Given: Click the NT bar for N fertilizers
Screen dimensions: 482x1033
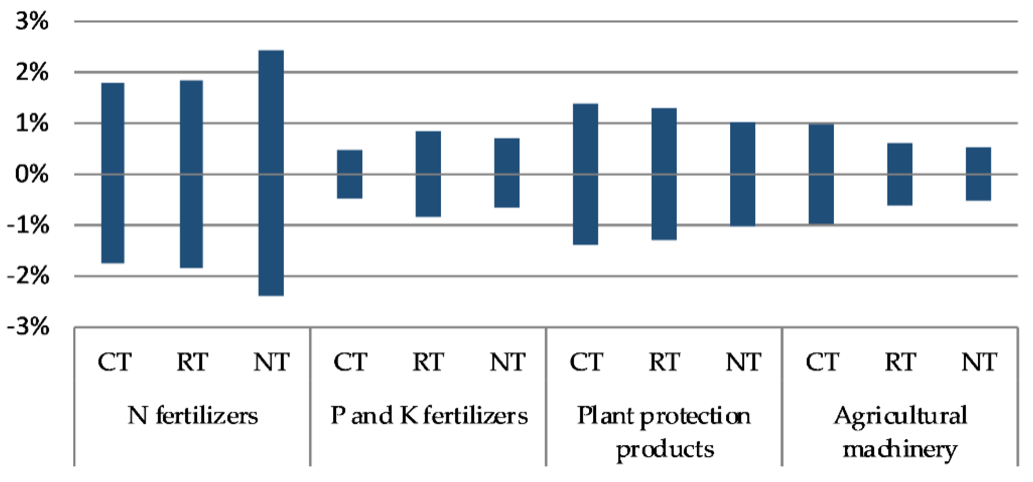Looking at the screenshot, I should [x=271, y=173].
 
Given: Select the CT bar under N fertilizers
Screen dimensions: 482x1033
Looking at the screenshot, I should [x=113, y=173].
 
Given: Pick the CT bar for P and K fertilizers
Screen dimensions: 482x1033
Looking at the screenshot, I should [x=349, y=174].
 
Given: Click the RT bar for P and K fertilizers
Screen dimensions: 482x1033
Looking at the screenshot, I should [x=428, y=174].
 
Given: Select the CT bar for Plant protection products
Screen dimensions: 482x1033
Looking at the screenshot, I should [x=585, y=174].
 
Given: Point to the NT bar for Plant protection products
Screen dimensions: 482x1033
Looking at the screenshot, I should [x=743, y=174].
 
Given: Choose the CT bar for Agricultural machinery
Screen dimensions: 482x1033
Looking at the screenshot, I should [x=821, y=174].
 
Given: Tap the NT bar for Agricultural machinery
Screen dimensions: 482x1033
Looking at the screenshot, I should [x=978, y=174].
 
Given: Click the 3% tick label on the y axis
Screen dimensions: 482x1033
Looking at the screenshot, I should [x=32, y=21].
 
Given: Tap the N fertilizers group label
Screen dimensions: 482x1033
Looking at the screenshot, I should [x=192, y=416].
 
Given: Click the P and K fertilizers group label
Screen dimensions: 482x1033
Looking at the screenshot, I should [x=429, y=416].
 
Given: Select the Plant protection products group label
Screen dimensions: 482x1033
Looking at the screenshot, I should [x=664, y=432].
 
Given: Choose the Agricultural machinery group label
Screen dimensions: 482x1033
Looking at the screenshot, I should [x=900, y=432].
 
